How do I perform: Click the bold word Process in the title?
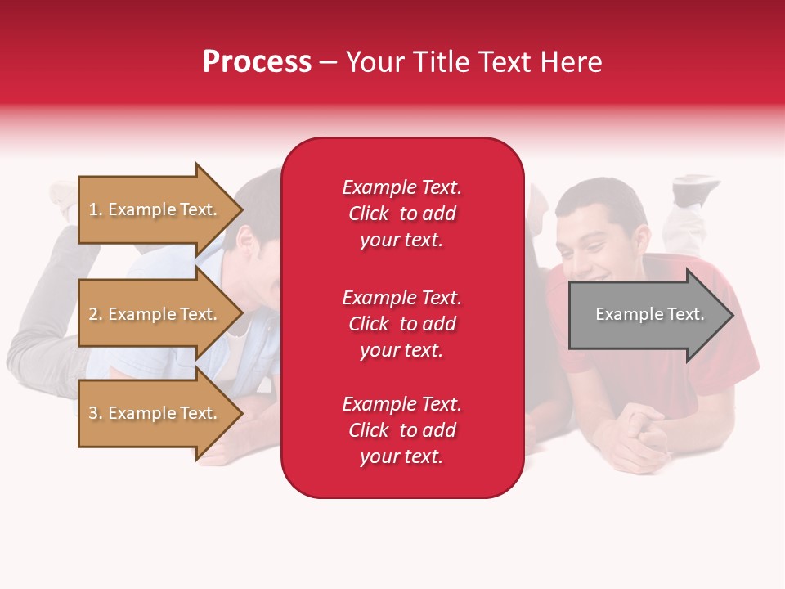tap(257, 62)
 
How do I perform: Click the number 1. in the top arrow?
tap(96, 209)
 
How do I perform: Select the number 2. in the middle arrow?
tap(96, 314)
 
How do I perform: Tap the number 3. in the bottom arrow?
tap(96, 413)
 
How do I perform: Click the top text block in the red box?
tap(401, 214)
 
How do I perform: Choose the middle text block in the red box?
tap(401, 324)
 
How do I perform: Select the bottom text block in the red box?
tap(401, 430)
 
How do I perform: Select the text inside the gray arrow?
tap(649, 314)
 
